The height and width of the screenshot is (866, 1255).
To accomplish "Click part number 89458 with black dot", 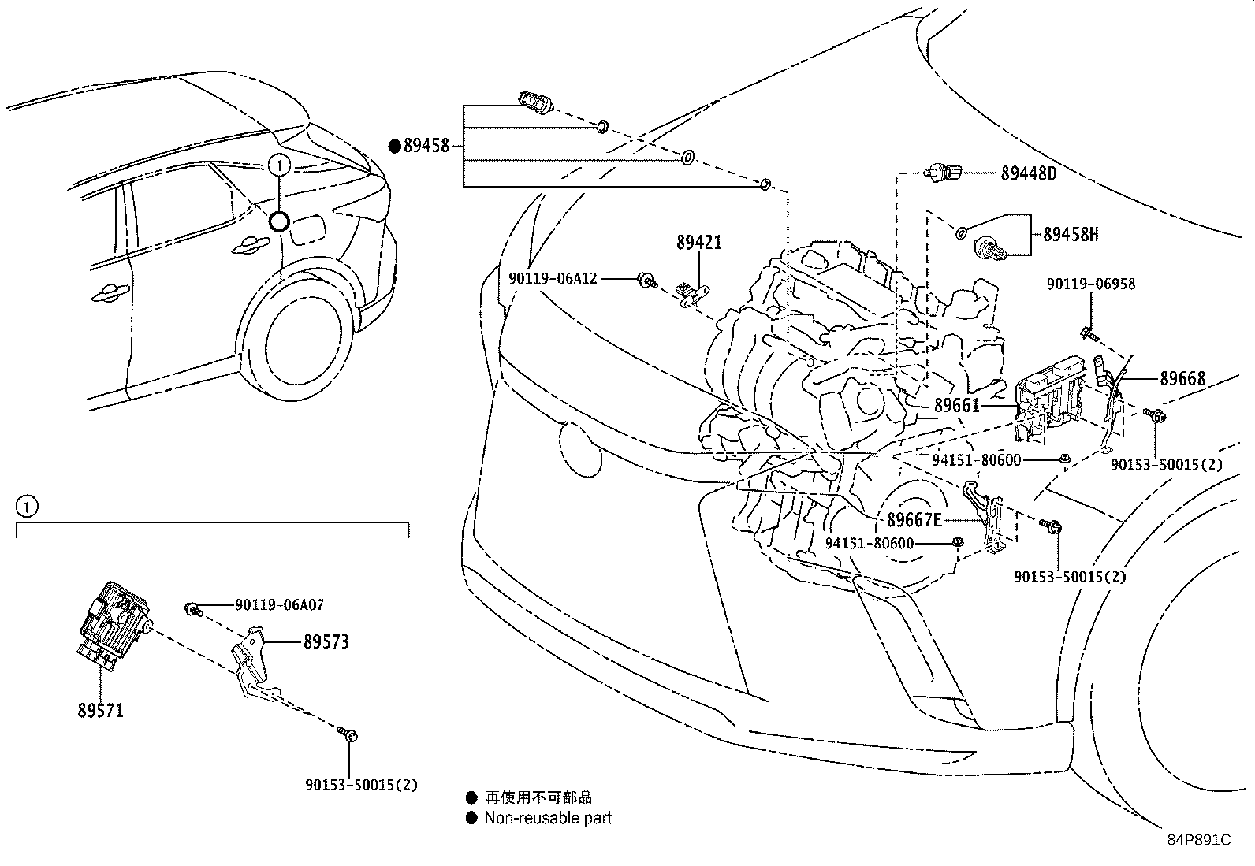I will click(x=426, y=145).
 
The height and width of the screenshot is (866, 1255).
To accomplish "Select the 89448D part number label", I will click(x=1028, y=173).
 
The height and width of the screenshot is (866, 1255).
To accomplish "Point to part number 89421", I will click(x=698, y=243).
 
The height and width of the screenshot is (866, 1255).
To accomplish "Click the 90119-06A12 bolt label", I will click(x=553, y=278).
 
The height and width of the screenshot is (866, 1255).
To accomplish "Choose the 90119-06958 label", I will click(x=1091, y=284).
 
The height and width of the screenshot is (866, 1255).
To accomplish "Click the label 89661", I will click(x=956, y=406).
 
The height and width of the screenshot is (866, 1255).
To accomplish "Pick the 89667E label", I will click(x=914, y=520).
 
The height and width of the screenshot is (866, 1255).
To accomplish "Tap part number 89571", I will click(x=100, y=711).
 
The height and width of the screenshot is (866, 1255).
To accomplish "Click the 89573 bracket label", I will click(x=326, y=642).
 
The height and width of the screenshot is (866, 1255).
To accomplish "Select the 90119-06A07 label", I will click(x=279, y=605).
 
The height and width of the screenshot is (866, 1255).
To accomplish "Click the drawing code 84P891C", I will click(x=1198, y=840).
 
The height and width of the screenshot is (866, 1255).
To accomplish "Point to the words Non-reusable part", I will click(x=547, y=818).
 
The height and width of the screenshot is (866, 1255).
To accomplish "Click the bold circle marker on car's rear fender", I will click(x=279, y=221).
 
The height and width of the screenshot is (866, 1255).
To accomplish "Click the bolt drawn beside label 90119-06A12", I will click(x=647, y=279).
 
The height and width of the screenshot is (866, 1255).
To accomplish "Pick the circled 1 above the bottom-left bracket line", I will click(x=27, y=506).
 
